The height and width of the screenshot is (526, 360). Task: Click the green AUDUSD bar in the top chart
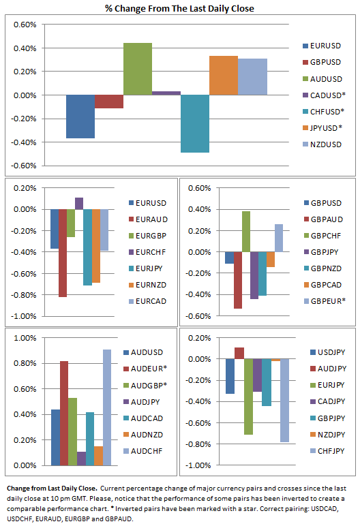click(138, 69)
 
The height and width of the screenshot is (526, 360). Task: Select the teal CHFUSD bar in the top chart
click(195, 124)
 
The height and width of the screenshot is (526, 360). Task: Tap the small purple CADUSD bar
click(166, 93)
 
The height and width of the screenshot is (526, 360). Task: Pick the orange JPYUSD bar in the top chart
click(224, 76)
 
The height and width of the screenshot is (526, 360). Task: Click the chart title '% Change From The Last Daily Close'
click(180, 8)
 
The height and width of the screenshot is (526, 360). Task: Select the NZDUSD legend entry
click(322, 144)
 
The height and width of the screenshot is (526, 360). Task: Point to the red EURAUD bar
click(63, 253)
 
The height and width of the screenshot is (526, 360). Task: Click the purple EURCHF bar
click(79, 203)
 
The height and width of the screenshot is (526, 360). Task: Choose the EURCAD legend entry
click(148, 301)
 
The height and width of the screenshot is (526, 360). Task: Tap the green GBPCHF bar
click(246, 232)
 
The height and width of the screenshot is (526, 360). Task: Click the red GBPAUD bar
click(238, 280)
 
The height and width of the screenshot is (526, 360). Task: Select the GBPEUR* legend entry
click(325, 301)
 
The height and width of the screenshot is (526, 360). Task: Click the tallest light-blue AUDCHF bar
click(107, 407)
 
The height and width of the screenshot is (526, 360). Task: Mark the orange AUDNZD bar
click(98, 456)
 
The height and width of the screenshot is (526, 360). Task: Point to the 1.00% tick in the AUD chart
click(25, 338)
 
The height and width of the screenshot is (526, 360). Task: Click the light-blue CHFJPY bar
click(284, 401)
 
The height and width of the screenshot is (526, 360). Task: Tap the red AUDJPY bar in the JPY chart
click(239, 353)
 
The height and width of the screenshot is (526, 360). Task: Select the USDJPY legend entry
click(327, 352)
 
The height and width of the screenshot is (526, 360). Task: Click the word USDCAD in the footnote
click(325, 508)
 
